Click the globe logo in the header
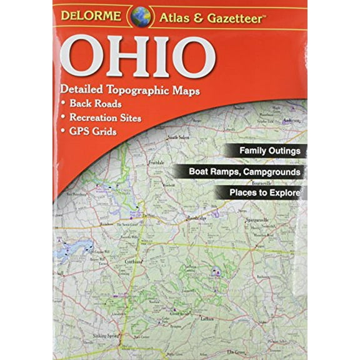(x=140, y=16)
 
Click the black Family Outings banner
(x=271, y=151)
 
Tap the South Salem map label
(x=178, y=136)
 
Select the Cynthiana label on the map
(x=152, y=262)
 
